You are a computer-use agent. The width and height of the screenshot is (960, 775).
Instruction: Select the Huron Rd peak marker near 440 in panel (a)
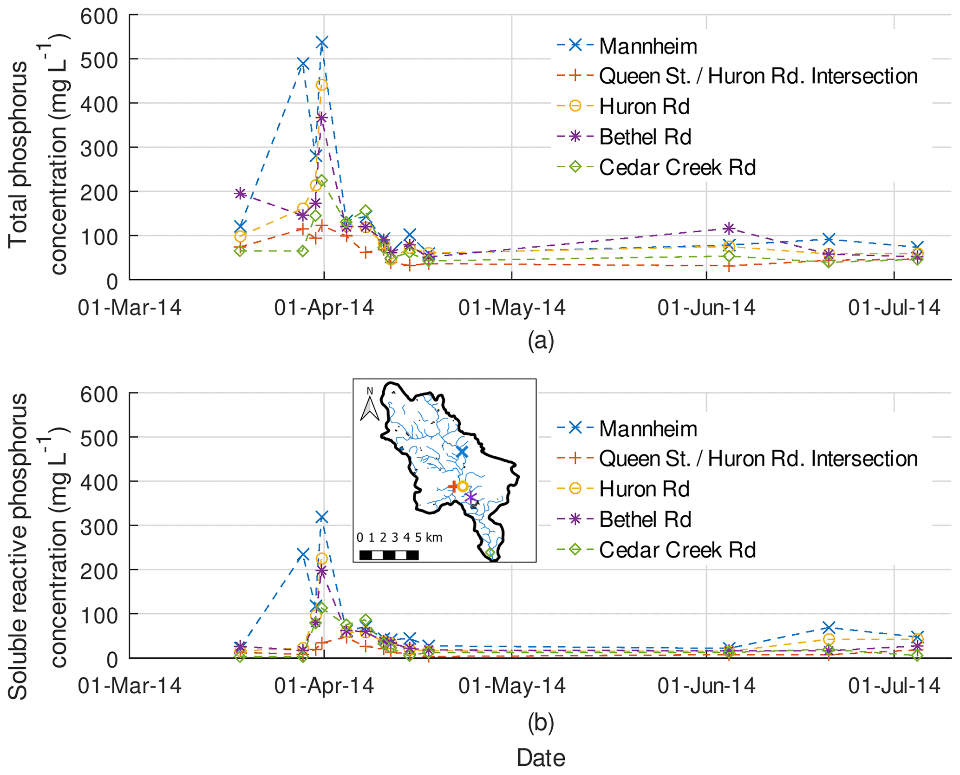(x=321, y=85)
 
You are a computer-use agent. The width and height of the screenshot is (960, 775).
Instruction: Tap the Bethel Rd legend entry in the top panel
(x=645, y=137)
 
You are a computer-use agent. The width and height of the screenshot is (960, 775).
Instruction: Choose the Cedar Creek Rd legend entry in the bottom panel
(x=677, y=550)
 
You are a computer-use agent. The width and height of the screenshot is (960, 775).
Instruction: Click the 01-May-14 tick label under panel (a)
(x=512, y=308)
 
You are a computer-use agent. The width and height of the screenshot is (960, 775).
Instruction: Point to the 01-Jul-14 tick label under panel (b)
(x=894, y=686)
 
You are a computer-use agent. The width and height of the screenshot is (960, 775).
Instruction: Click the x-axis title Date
(x=541, y=758)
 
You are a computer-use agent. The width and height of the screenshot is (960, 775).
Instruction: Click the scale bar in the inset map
(x=389, y=555)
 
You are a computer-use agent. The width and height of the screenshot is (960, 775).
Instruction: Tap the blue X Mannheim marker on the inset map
(x=462, y=452)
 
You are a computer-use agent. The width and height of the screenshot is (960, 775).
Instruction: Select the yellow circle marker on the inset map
(x=463, y=486)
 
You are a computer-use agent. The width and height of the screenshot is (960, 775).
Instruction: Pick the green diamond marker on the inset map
(x=490, y=553)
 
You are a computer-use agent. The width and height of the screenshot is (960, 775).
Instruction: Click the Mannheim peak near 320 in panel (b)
(x=321, y=517)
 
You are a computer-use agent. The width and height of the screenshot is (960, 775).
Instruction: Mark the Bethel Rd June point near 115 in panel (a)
(x=729, y=228)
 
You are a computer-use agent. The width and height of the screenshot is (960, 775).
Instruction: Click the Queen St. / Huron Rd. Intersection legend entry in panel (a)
(x=758, y=76)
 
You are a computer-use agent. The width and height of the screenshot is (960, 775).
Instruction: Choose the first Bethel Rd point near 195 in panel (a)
(x=240, y=193)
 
